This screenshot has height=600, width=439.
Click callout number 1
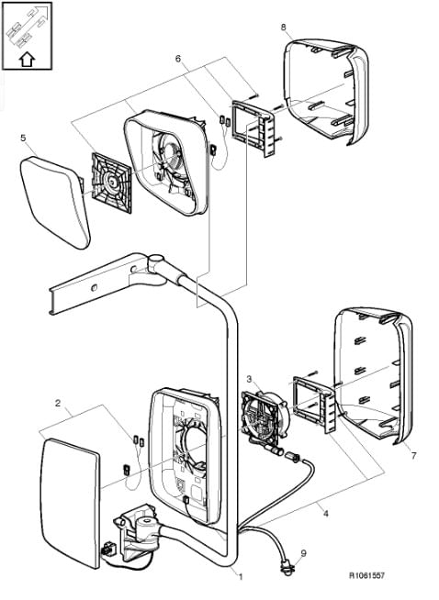[x=241, y=577]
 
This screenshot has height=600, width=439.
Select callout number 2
[x=58, y=403]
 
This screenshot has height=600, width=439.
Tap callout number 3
[x=249, y=379]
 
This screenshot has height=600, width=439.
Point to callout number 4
[x=326, y=514]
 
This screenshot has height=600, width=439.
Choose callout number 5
[x=23, y=138]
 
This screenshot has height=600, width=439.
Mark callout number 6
[x=178, y=59]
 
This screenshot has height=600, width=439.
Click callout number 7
[x=413, y=456]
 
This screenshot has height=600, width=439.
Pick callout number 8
[x=284, y=27]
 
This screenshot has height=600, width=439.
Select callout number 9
[x=304, y=553]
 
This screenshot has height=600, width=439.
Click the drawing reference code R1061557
[x=366, y=575]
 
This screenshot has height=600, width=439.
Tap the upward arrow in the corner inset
[x=28, y=60]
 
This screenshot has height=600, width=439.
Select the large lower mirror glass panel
[x=70, y=503]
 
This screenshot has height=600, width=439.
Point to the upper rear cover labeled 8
[x=326, y=91]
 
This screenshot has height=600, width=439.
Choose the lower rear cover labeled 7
[x=373, y=376]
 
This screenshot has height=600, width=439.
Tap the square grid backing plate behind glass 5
[x=111, y=183]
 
